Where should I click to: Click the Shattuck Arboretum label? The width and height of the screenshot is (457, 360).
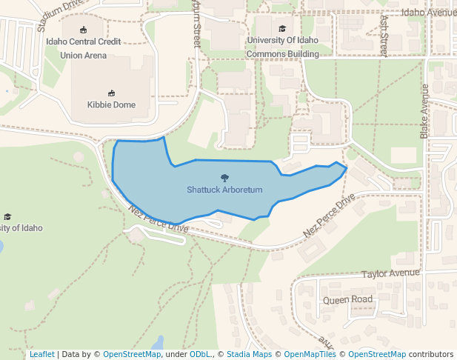tap(224, 190)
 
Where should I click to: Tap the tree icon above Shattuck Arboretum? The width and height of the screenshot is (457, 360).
tap(224, 178)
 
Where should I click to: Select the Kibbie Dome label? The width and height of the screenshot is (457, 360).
tap(111, 104)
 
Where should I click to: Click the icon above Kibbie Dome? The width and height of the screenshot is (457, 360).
tap(111, 93)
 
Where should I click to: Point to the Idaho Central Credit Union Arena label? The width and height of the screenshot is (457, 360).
tap(82, 47)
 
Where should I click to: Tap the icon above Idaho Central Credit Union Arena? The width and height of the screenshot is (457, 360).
tap(83, 30)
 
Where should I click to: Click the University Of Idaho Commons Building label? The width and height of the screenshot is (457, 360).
tap(282, 47)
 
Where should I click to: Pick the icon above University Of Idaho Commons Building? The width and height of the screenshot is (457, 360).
tap(283, 28)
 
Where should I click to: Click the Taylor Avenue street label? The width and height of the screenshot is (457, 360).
tap(390, 273)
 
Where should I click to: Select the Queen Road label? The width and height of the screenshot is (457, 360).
tap(347, 300)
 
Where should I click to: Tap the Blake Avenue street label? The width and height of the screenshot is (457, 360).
tap(424, 111)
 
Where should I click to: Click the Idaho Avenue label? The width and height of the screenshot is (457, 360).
tap(427, 13)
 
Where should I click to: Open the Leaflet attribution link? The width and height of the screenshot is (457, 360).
tap(41, 354)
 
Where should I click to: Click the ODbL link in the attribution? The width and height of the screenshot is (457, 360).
tap(199, 354)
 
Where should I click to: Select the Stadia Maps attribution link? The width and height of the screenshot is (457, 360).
tap(248, 354)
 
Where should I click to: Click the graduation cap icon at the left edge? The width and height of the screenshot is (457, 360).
tap(7, 216)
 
